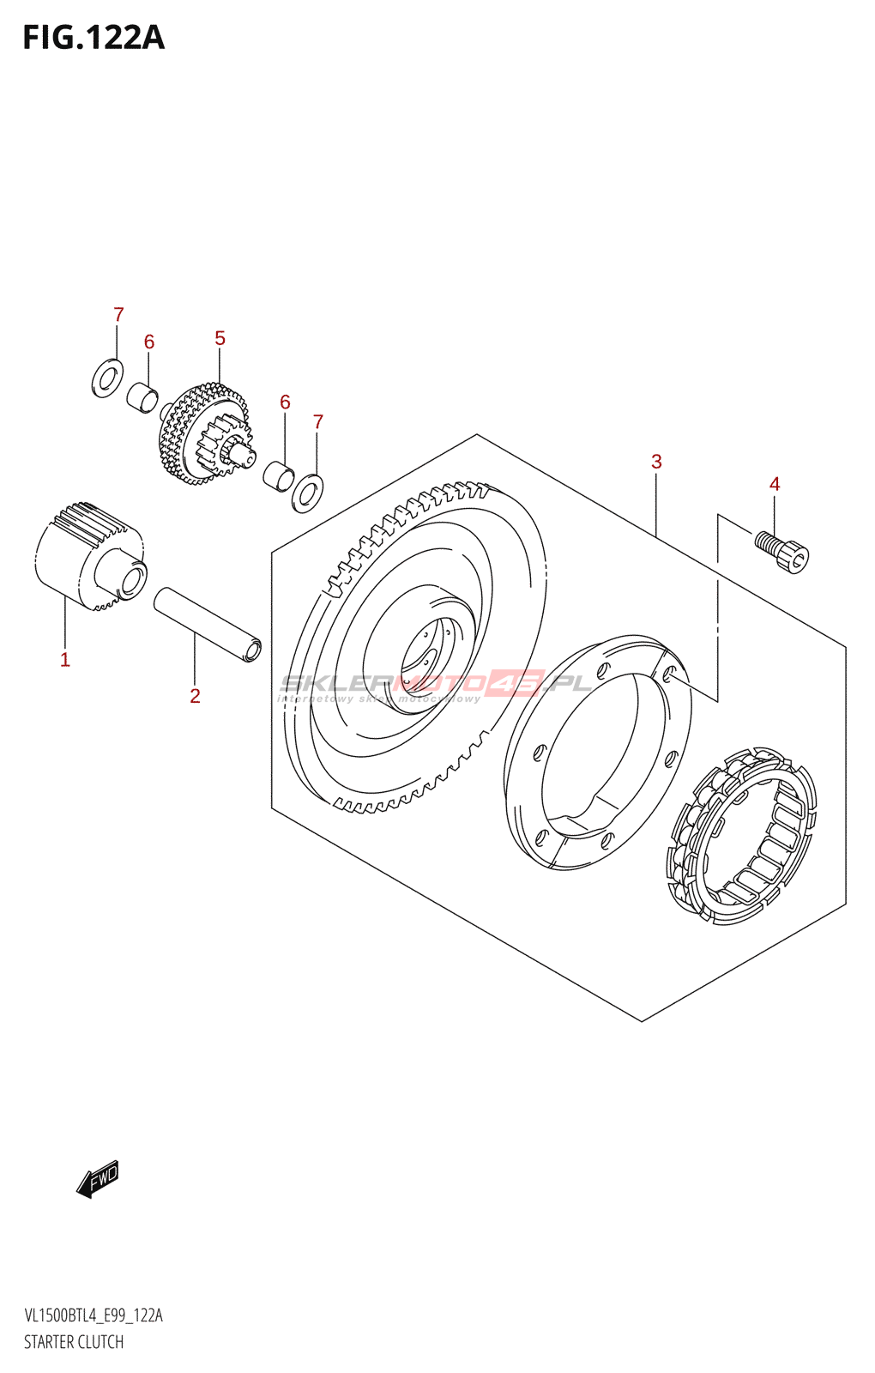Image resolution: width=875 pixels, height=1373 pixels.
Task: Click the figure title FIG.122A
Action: pos(94,39)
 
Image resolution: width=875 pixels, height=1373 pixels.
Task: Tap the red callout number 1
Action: pos(65,659)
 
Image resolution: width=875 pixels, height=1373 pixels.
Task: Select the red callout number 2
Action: pos(195,696)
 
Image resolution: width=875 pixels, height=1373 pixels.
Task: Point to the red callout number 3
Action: pos(656,462)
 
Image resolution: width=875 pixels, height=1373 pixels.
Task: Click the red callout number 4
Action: pos(775,484)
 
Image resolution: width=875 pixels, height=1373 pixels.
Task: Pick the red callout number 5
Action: pos(220,338)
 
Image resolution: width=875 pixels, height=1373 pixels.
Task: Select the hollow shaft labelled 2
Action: pos(208,623)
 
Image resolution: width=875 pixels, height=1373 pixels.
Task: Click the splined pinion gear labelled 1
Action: pos(89,556)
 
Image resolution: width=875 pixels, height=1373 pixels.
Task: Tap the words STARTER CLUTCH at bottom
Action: pos(74,1342)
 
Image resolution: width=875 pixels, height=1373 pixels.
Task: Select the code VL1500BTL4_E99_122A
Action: pos(94,1316)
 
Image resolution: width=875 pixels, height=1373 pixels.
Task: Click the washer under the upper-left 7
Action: pos(107,378)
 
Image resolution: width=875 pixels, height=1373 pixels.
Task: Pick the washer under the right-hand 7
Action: pos(308,493)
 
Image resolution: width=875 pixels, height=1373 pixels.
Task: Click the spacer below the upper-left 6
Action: pos(143,397)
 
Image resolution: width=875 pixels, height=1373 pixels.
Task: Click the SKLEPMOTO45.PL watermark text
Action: pos(436,684)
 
